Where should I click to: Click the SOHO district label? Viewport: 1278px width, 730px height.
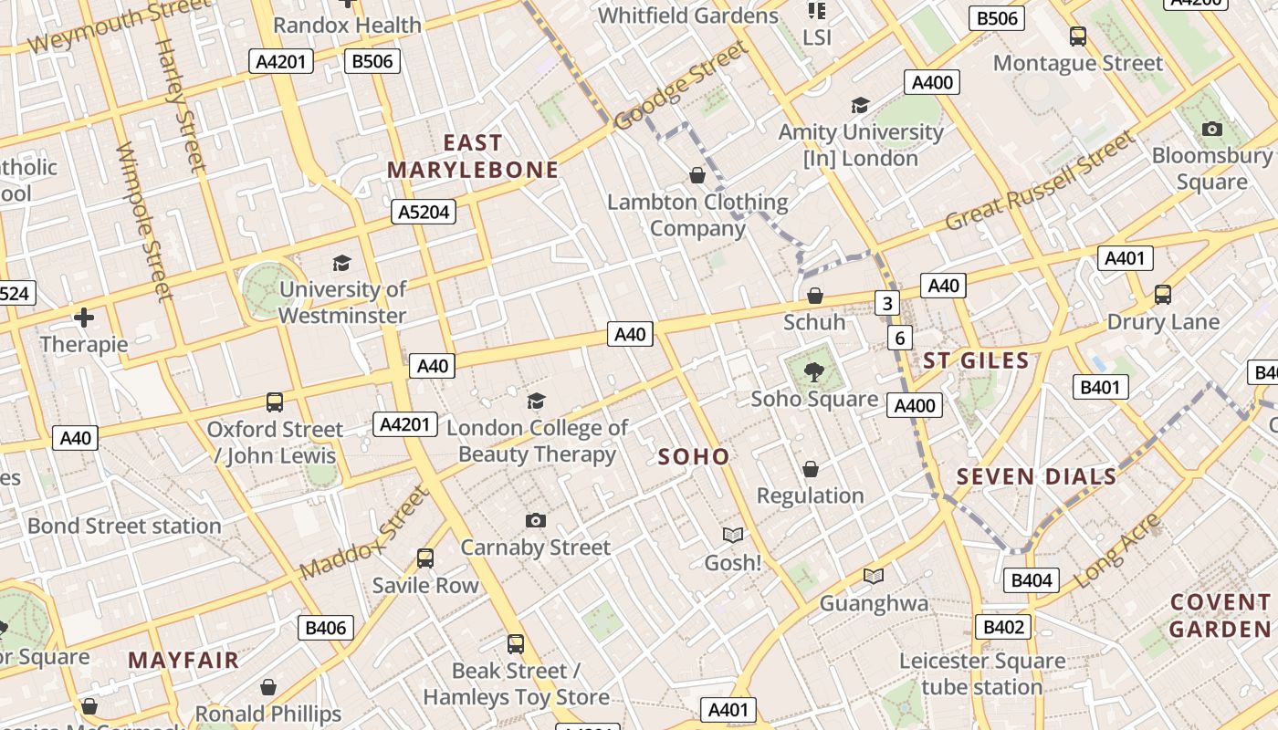pyautogui.click(x=694, y=457)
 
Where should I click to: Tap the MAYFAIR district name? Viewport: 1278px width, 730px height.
pyautogui.click(x=183, y=660)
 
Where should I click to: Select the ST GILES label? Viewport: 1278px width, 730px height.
pyautogui.click(x=976, y=360)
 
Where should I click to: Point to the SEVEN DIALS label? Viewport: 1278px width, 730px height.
pyautogui.click(x=1036, y=476)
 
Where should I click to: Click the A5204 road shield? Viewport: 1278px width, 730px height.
pyautogui.click(x=424, y=213)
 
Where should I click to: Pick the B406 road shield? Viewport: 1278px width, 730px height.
pyautogui.click(x=326, y=628)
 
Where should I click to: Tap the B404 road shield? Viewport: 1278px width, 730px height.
pyautogui.click(x=1032, y=580)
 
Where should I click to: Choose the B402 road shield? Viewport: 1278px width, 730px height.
pyautogui.click(x=1004, y=628)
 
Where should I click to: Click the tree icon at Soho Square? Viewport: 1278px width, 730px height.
pyautogui.click(x=813, y=371)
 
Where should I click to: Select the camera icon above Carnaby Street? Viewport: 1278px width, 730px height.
pyautogui.click(x=536, y=520)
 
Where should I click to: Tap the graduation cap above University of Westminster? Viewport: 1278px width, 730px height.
pyautogui.click(x=341, y=263)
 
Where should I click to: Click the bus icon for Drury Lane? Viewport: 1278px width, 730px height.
pyautogui.click(x=1162, y=295)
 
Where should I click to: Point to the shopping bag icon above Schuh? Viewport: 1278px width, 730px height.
pyautogui.click(x=814, y=296)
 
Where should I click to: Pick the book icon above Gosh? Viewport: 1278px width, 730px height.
pyautogui.click(x=733, y=535)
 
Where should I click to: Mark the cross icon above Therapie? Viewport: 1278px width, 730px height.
pyautogui.click(x=84, y=318)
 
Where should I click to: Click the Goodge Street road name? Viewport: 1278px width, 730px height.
pyautogui.click(x=680, y=88)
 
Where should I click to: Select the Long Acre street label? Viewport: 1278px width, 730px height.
pyautogui.click(x=1117, y=550)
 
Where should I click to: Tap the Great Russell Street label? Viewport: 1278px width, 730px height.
pyautogui.click(x=1040, y=182)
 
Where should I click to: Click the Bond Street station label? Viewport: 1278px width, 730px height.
pyautogui.click(x=124, y=526)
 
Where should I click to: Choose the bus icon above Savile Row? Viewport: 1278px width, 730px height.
pyautogui.click(x=424, y=558)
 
